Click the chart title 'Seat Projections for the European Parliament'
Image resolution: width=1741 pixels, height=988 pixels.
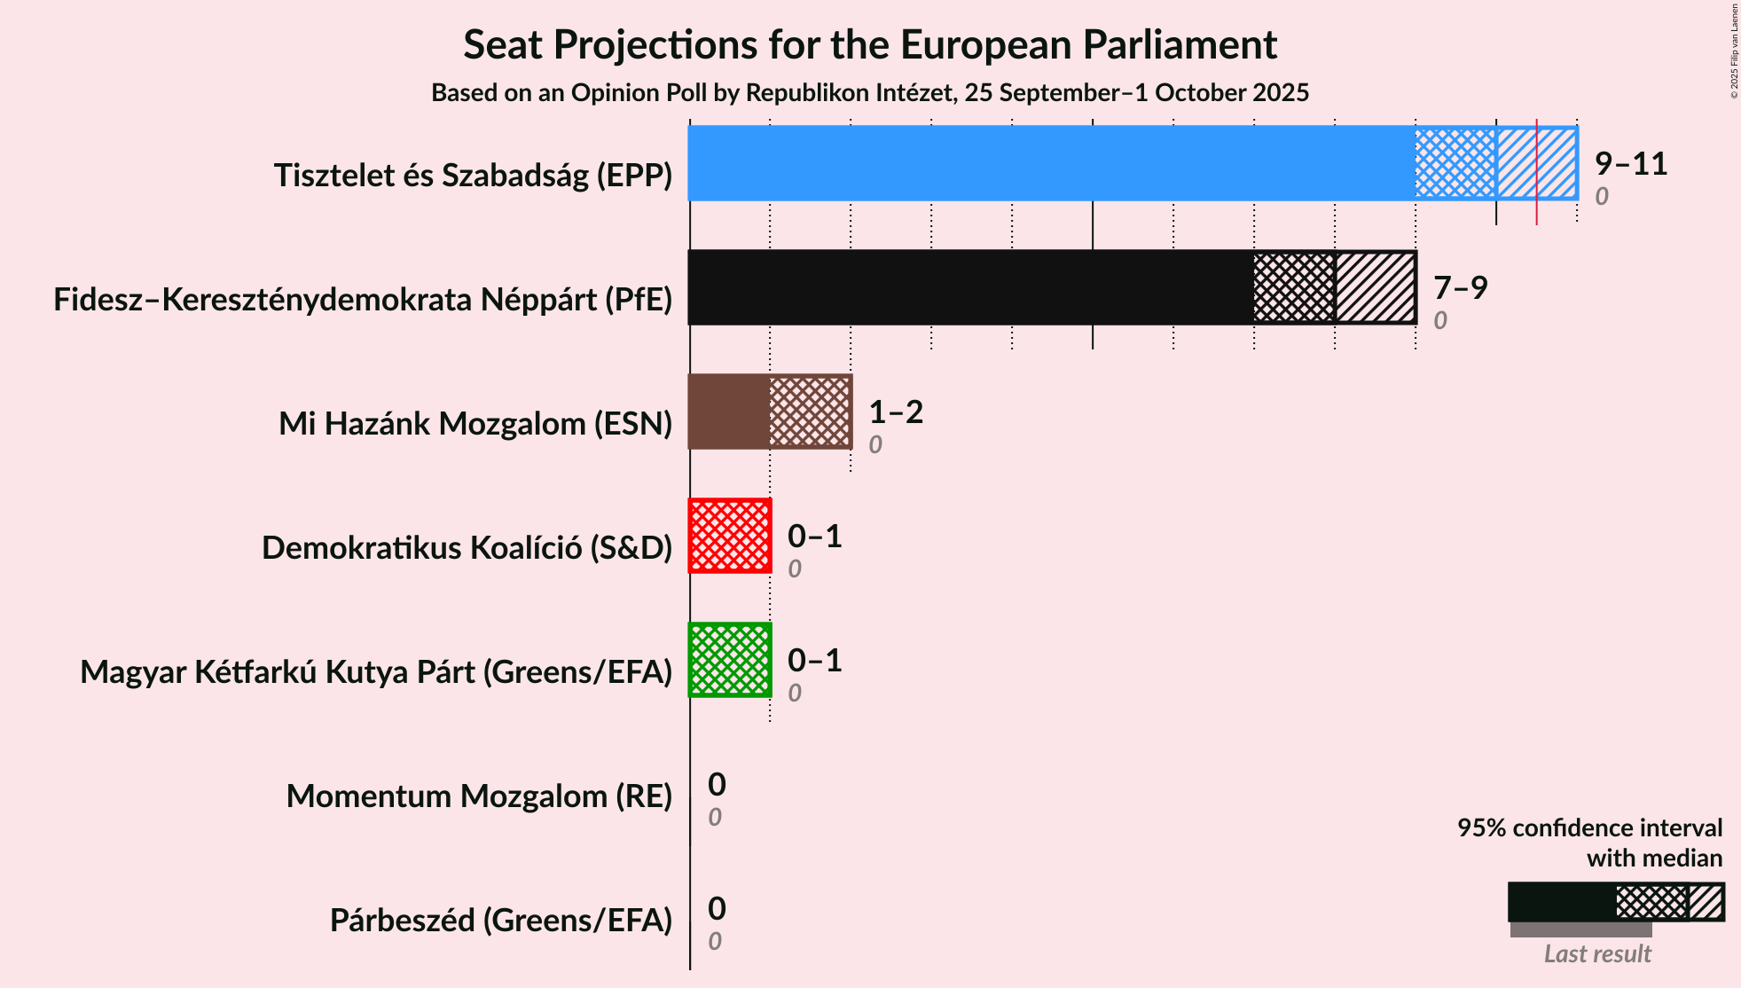click(870, 45)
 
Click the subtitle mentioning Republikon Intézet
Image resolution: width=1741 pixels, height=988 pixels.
click(870, 93)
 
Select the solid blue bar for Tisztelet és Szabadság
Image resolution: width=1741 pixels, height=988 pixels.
click(1051, 163)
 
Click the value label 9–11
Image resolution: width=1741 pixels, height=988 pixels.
click(1630, 164)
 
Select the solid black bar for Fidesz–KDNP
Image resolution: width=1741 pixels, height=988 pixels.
click(970, 287)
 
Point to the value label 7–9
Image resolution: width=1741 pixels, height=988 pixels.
click(1460, 288)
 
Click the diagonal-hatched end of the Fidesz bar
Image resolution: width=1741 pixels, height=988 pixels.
click(1375, 287)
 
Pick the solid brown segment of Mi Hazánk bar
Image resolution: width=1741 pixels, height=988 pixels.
click(729, 412)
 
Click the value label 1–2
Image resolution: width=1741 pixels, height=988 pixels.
click(896, 412)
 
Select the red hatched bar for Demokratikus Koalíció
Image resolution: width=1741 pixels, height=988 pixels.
click(730, 536)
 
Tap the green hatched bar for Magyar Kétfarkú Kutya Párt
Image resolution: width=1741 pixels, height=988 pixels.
click(730, 660)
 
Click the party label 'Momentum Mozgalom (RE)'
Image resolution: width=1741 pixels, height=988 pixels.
click(479, 796)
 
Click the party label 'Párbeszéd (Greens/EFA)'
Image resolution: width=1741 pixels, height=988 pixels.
click(501, 921)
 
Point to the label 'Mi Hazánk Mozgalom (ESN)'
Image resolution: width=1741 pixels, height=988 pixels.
click(475, 424)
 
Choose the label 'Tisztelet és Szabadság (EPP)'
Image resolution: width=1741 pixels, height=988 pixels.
click(473, 176)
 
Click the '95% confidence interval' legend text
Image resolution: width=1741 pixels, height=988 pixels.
click(1589, 828)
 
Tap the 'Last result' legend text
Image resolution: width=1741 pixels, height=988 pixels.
click(1596, 954)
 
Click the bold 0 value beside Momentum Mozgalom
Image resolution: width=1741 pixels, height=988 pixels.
click(717, 785)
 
